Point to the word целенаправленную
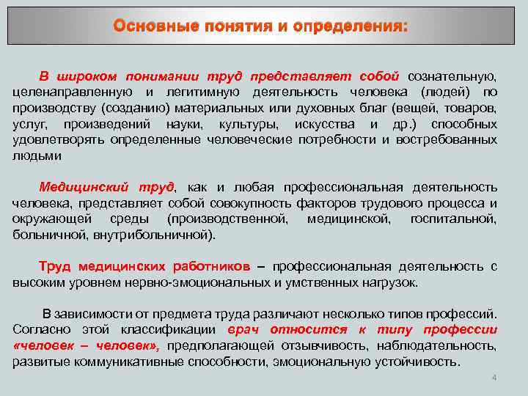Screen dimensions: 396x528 [72, 92]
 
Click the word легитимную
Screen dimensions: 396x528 [203, 92]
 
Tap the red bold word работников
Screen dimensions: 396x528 [212, 266]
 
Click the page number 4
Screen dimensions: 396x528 [494, 378]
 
